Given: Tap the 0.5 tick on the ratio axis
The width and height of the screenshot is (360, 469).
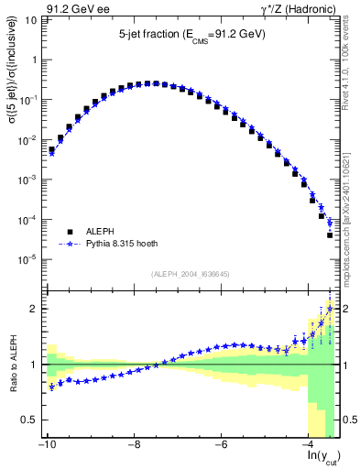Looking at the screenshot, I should point(29,420).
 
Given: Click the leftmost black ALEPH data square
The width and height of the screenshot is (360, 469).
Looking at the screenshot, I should point(52,150).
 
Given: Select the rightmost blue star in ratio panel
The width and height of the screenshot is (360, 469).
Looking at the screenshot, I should point(330,309).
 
